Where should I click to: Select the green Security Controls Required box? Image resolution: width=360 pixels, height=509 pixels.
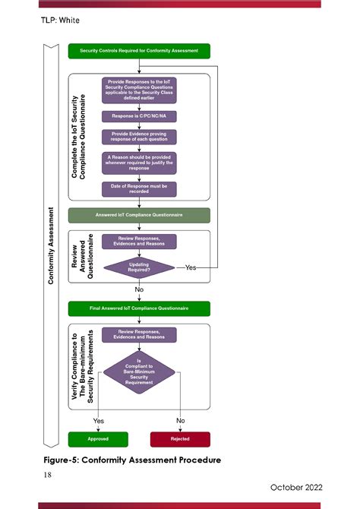(139, 51)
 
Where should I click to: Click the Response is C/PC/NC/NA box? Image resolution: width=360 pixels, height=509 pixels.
(139, 117)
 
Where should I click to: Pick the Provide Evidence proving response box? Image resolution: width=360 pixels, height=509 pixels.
(139, 137)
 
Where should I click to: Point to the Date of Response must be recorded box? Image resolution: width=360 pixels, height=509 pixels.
(139, 189)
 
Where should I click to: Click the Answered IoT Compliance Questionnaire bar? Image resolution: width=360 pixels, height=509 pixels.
(139, 215)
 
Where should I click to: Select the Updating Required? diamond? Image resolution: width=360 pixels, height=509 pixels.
(139, 267)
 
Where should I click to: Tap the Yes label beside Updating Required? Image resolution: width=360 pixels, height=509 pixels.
(191, 267)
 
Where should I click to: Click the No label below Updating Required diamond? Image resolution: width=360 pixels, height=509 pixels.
(139, 289)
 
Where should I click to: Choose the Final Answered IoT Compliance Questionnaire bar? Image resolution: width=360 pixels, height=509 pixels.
(139, 308)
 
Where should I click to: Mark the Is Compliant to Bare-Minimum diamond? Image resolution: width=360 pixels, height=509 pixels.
(139, 371)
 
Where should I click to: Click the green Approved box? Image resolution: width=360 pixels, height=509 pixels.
(98, 438)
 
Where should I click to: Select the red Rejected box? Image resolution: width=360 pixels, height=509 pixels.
(180, 438)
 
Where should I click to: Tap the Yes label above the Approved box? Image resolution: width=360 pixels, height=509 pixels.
(99, 420)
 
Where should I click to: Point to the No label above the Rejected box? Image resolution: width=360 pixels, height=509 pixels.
(180, 420)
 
